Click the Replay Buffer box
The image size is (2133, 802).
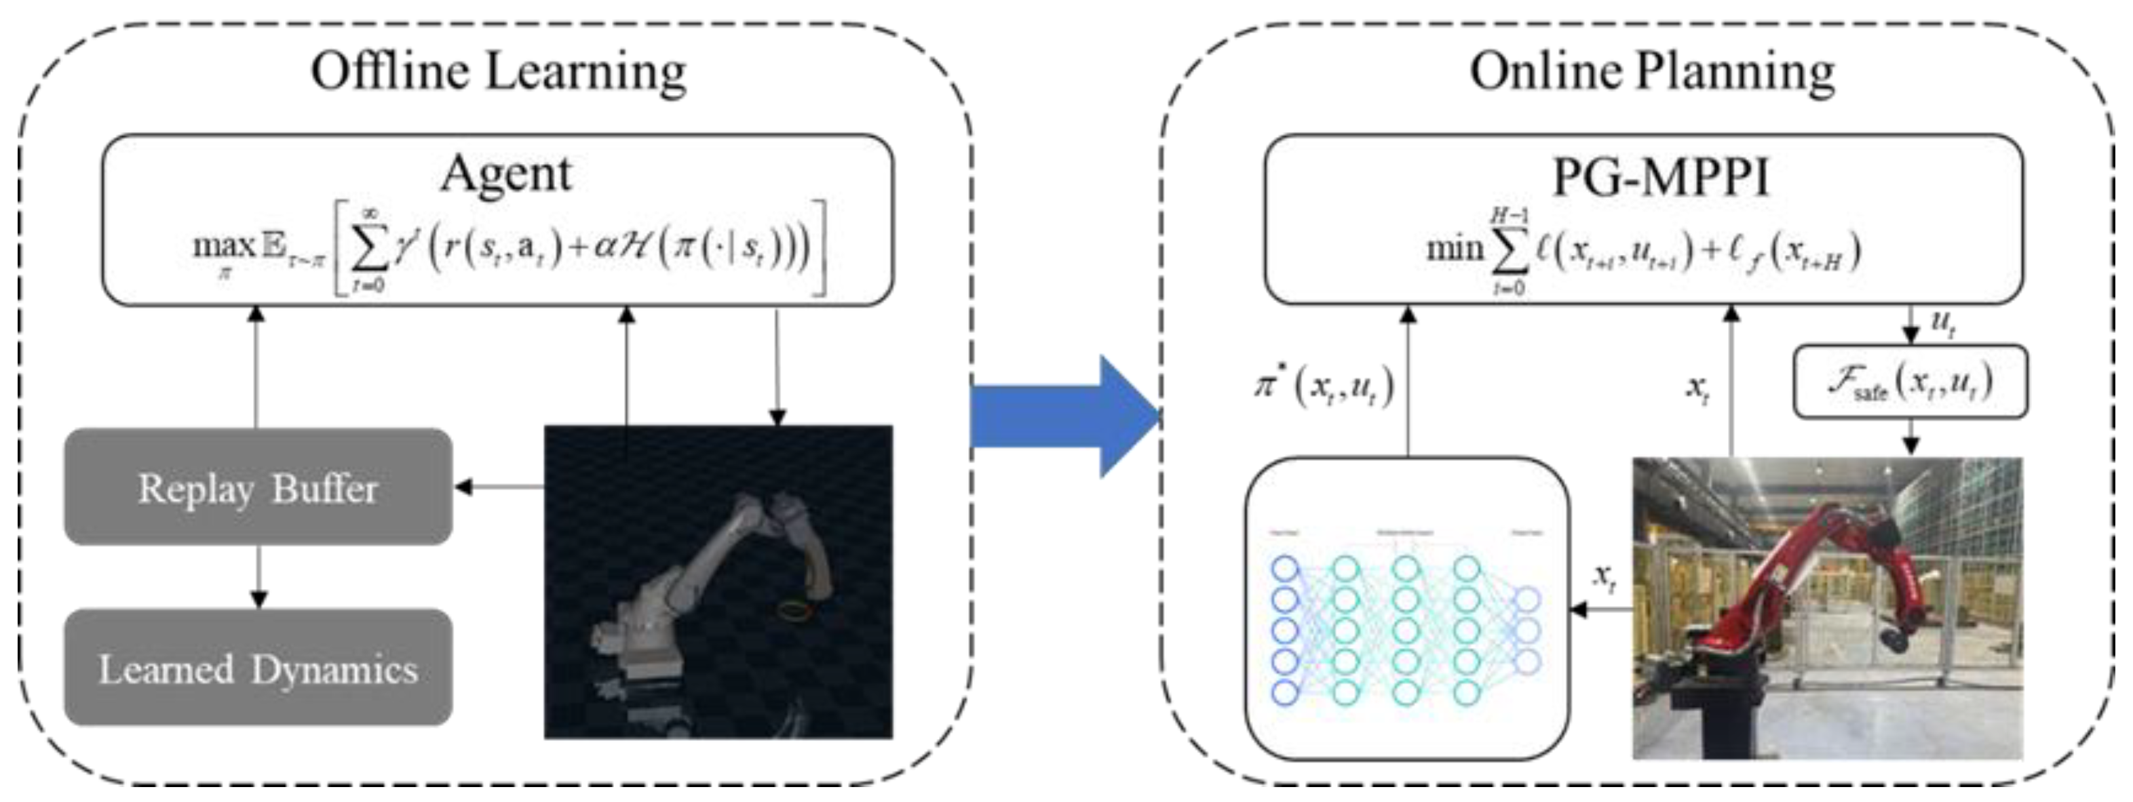tap(258, 487)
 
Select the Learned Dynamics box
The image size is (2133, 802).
tap(258, 668)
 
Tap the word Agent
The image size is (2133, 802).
tap(506, 174)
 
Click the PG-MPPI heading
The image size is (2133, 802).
tap(1660, 177)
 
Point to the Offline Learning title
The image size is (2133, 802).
tap(499, 71)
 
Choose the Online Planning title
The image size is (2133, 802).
tap(1652, 71)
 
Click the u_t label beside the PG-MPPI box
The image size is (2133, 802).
tap(1942, 321)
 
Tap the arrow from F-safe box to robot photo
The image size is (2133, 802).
tap(1910, 436)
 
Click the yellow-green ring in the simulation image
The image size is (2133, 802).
tap(793, 611)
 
